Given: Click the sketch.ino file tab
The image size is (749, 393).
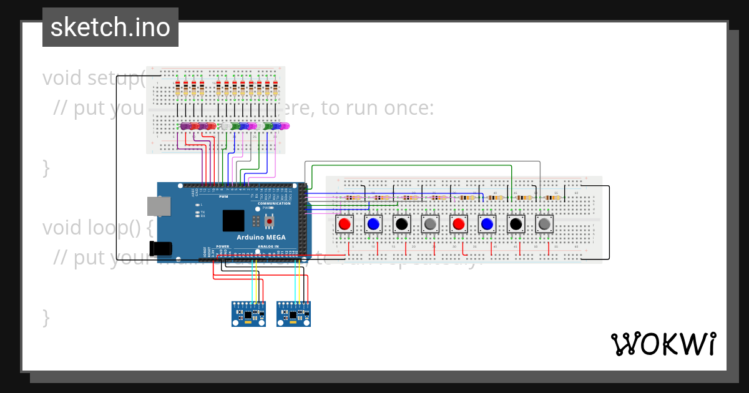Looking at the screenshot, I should (110, 27).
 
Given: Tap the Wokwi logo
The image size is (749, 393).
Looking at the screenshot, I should (663, 344).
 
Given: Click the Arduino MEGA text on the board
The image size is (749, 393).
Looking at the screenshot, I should (261, 237).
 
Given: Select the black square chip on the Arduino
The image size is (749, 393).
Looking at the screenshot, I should (233, 221).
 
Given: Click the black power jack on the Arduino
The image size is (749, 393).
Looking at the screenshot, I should (161, 248).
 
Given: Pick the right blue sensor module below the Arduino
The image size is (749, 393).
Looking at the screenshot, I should (293, 314).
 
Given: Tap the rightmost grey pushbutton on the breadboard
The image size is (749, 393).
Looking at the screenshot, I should (544, 223).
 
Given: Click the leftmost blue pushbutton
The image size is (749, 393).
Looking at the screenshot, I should (373, 223).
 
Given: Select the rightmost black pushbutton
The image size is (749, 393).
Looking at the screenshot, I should (516, 223).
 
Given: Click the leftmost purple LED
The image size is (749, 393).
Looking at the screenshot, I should (185, 127).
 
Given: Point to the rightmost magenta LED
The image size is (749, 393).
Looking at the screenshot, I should (285, 127).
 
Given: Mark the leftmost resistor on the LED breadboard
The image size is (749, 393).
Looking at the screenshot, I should (178, 89).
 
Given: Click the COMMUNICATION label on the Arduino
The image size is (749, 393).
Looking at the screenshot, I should (274, 203).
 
